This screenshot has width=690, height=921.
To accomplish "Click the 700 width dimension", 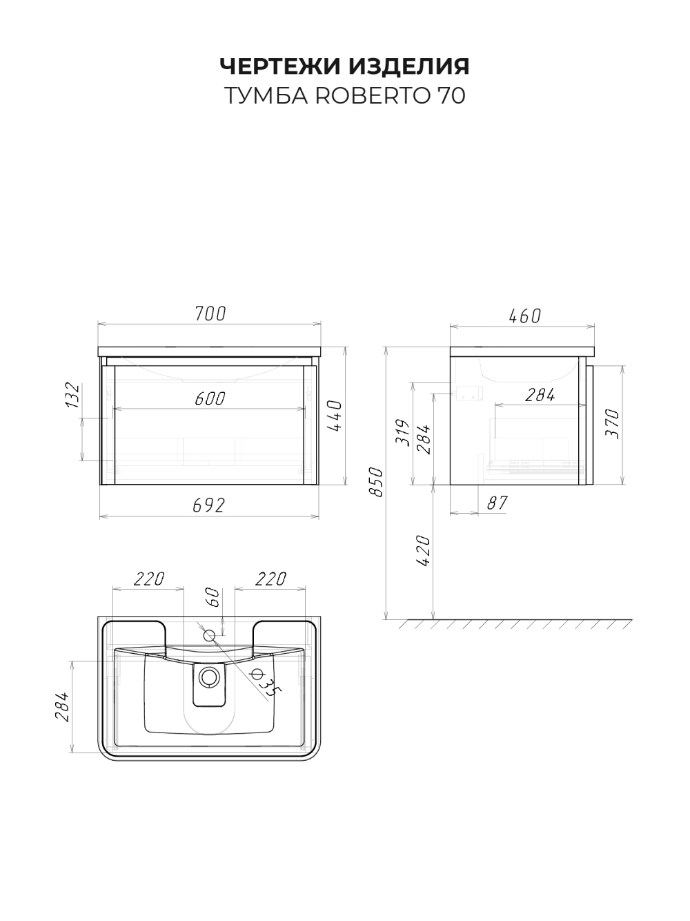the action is click(x=210, y=314).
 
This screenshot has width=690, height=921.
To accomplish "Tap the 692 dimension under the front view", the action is click(x=209, y=505).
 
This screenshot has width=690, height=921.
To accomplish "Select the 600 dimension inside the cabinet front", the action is click(x=210, y=398).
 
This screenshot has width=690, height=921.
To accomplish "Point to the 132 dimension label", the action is click(x=72, y=395).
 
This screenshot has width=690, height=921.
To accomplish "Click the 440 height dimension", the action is click(x=335, y=416).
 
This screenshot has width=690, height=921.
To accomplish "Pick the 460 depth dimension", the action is click(x=525, y=316).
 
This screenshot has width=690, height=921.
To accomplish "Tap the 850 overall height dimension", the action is click(x=376, y=482).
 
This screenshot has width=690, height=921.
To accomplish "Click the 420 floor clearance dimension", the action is click(x=424, y=551).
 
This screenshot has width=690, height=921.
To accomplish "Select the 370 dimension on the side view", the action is click(x=613, y=424).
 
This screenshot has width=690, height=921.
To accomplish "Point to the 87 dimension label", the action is click(x=497, y=503).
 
